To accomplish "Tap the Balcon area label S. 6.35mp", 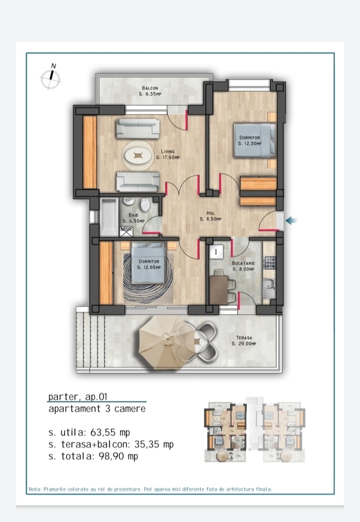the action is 150,94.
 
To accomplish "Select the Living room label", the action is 168,154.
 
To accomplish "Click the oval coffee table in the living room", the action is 137,155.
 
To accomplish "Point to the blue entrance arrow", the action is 292,220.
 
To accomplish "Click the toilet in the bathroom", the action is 145,204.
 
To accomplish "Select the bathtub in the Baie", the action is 110,217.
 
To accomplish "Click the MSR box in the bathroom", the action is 126,231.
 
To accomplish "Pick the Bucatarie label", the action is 243,266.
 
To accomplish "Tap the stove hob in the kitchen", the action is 270,263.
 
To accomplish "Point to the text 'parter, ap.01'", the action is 78,397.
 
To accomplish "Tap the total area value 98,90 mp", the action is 118,456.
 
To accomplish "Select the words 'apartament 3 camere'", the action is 97,409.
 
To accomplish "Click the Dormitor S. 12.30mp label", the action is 249,140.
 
